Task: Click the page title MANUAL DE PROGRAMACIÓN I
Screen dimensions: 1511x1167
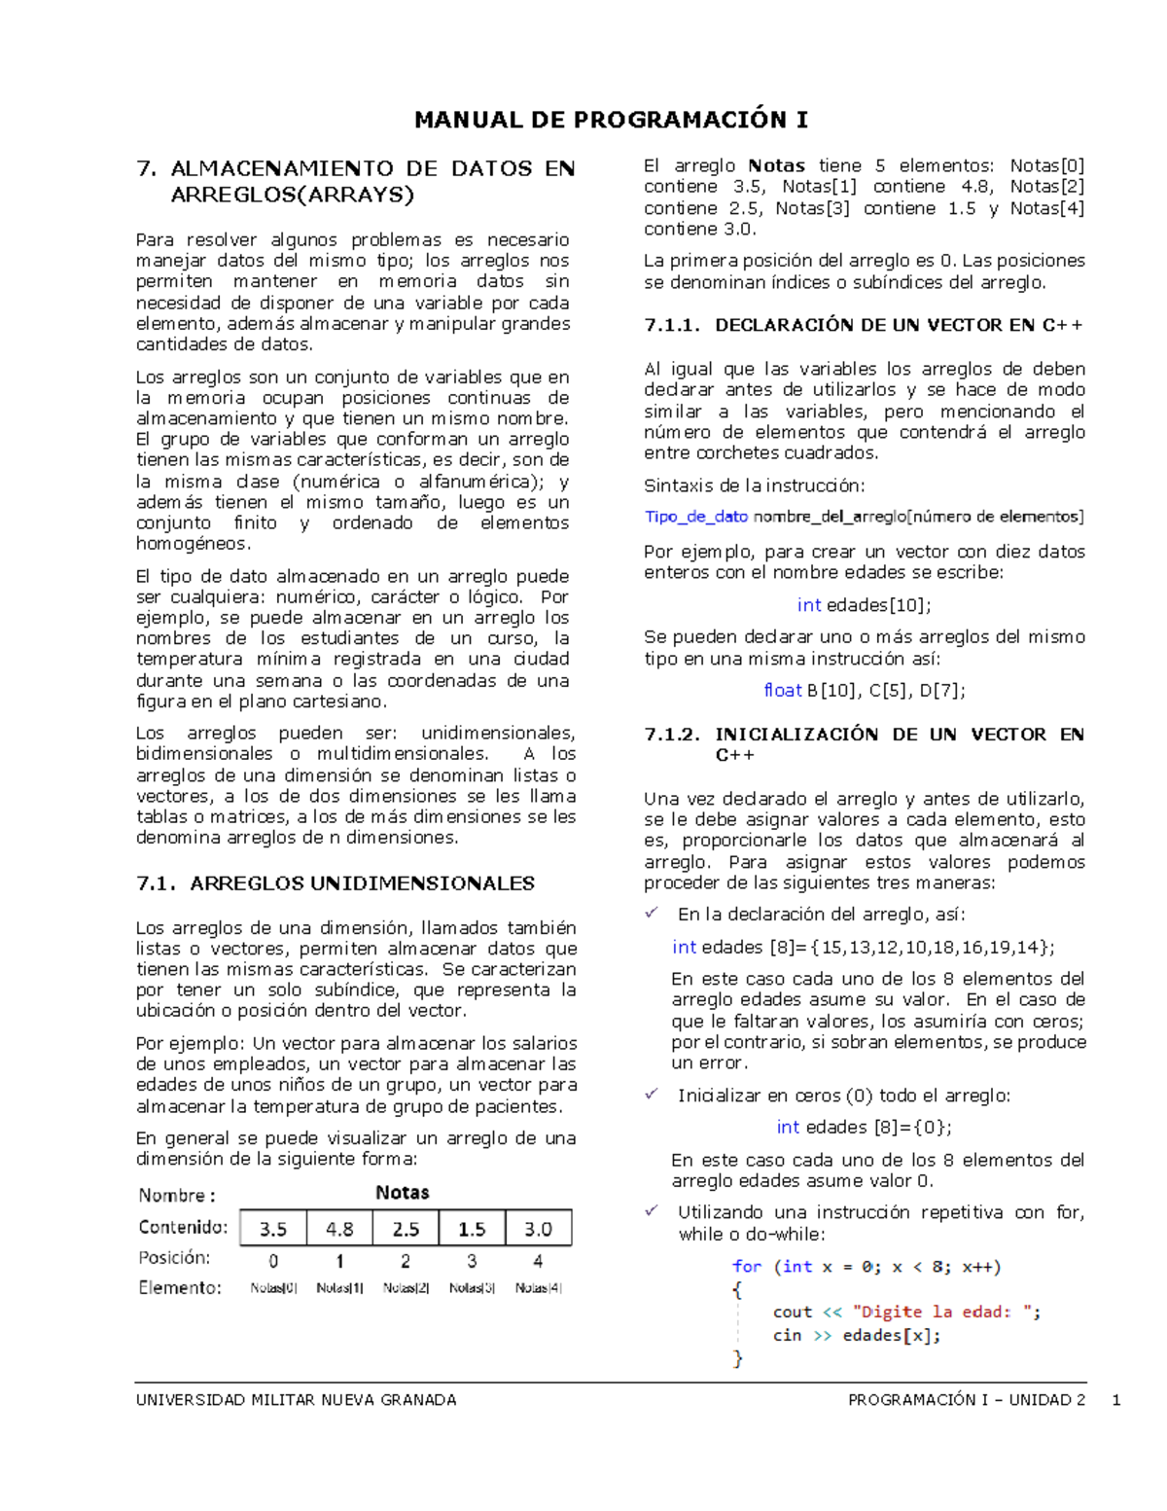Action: click(611, 120)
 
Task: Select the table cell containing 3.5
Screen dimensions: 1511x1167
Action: click(273, 1229)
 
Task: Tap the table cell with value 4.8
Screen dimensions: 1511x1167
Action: click(339, 1229)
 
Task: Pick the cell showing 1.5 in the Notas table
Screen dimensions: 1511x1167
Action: click(472, 1229)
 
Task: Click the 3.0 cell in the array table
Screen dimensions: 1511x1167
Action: click(538, 1229)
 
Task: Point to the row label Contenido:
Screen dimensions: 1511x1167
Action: click(183, 1227)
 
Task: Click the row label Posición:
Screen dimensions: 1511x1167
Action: click(174, 1258)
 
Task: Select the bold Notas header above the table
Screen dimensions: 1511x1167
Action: click(402, 1193)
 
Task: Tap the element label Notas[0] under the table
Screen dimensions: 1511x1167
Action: click(273, 1288)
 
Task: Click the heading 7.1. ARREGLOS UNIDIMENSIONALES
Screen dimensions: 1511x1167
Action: click(336, 883)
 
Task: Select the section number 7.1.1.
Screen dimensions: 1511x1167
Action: click(672, 326)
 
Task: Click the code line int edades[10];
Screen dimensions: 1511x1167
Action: click(864, 605)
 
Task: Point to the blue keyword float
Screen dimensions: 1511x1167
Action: click(783, 691)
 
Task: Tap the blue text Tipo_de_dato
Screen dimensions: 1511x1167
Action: click(696, 517)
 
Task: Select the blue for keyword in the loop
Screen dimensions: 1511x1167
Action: click(747, 1267)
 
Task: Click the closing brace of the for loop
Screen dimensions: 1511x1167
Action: click(737, 1358)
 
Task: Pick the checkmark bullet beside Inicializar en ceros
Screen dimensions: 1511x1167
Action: click(652, 1095)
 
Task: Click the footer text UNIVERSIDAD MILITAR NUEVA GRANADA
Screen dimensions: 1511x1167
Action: click(296, 1400)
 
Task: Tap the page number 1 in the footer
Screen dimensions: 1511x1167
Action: click(1116, 1400)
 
